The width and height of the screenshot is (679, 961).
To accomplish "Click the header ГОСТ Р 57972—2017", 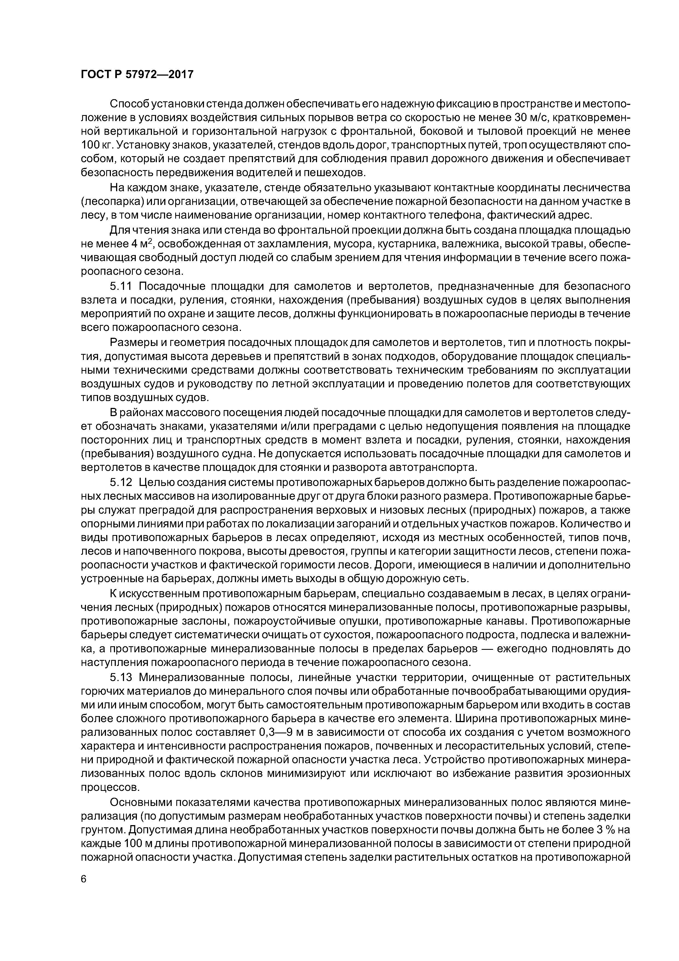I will pos(137,75).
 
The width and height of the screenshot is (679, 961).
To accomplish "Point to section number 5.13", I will pos(121,678).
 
